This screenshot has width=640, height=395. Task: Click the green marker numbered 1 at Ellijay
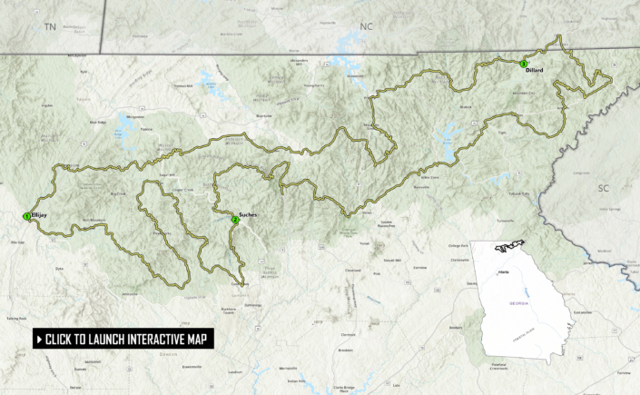pos(26,215)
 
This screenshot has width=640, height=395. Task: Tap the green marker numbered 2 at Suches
pos(235,220)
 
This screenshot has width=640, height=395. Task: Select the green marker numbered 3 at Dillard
pos(523,64)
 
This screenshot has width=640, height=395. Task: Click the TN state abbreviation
pos(50,27)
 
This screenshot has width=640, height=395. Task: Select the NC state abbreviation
pos(366,26)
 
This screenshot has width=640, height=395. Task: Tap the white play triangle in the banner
pos(39,340)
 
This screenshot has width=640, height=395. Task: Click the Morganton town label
pos(136,117)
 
